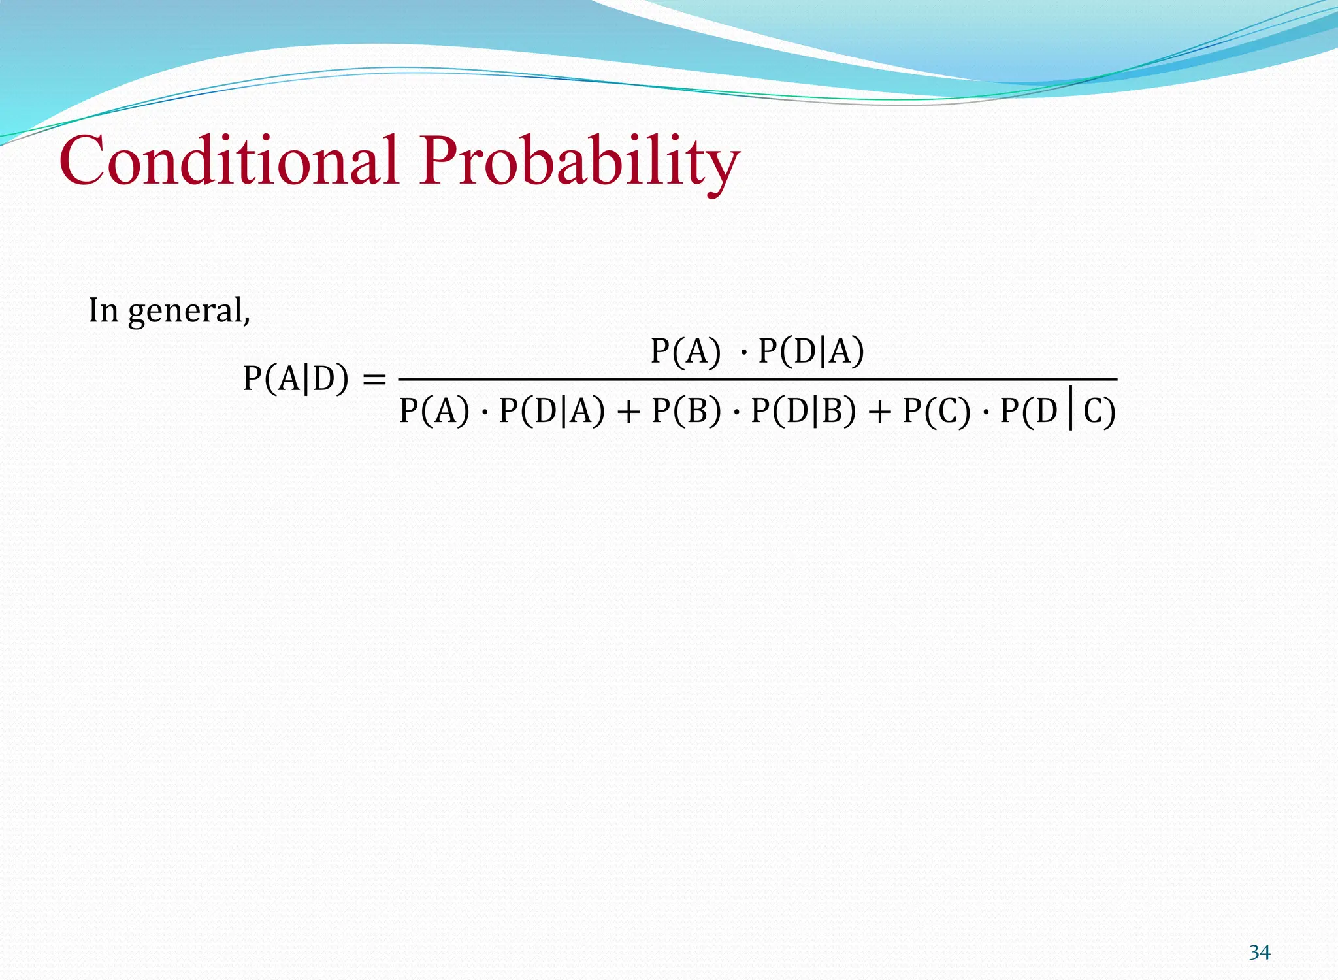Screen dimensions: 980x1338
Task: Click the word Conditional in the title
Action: click(229, 160)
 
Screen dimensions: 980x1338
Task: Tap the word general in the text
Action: click(186, 311)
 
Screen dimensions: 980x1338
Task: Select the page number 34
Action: click(1259, 953)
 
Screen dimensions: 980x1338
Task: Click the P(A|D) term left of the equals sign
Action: click(296, 378)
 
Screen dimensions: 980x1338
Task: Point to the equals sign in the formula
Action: click(374, 379)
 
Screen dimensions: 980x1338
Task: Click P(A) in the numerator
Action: click(686, 351)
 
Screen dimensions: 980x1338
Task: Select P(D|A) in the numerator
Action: click(811, 351)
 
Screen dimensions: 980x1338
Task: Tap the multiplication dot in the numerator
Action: click(743, 353)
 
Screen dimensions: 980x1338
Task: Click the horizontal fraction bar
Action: click(758, 379)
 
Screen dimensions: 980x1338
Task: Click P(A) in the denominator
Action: click(434, 411)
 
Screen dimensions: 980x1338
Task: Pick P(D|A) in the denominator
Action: click(551, 411)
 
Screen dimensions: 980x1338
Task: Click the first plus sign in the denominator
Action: click(628, 412)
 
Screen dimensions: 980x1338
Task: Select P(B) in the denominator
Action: click(687, 411)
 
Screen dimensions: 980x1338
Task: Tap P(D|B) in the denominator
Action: click(803, 411)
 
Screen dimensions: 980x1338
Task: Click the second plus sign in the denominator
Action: click(879, 412)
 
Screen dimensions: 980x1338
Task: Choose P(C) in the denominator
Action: click(937, 411)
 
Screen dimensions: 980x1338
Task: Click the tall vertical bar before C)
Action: click(1070, 410)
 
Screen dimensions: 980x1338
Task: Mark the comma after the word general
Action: click(247, 320)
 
